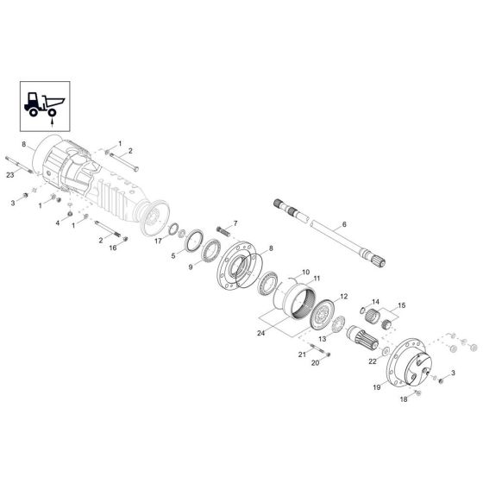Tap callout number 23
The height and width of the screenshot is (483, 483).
(x=10, y=175)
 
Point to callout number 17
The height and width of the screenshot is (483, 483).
(x=158, y=242)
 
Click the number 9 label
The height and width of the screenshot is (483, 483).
(x=191, y=267)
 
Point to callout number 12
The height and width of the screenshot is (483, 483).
(x=343, y=296)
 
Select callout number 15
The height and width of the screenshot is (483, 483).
(x=401, y=305)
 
